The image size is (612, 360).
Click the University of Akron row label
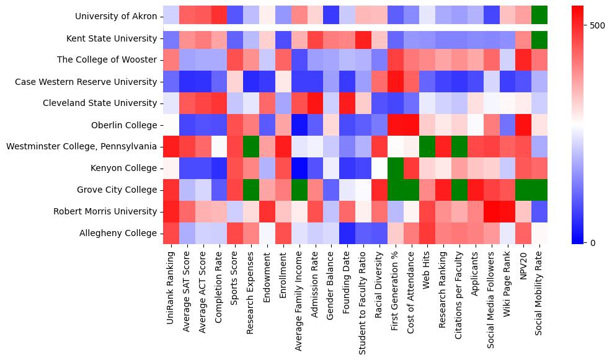[116, 17]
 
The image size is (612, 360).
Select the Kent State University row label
[112, 38]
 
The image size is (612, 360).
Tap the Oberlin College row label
[124, 125]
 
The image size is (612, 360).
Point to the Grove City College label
[117, 190]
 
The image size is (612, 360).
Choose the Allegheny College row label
[118, 233]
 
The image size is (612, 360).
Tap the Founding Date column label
[348, 283]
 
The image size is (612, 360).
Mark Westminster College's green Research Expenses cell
[251, 146]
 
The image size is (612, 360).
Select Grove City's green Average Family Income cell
[299, 190]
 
